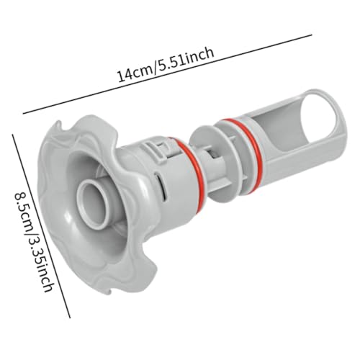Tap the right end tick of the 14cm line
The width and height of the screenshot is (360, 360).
point(311,35)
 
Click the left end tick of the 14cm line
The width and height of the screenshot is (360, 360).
point(23,113)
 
